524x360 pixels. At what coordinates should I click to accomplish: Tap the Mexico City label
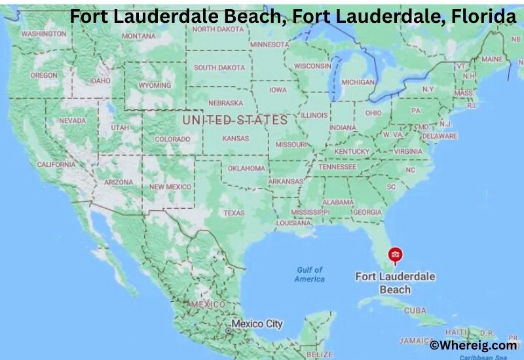[x=257, y=324]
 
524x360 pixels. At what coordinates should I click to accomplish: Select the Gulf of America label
[x=309, y=274]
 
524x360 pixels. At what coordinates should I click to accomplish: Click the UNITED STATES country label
[x=234, y=120]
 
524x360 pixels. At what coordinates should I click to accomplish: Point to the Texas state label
[x=234, y=213]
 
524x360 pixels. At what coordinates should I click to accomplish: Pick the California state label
[x=56, y=164]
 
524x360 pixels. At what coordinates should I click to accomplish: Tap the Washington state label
[x=43, y=33]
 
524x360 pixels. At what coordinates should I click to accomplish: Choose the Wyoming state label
[x=155, y=85]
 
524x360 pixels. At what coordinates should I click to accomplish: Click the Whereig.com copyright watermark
[x=473, y=344]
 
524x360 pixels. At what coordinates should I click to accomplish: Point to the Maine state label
[x=492, y=59]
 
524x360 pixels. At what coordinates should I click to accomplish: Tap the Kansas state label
[x=235, y=139]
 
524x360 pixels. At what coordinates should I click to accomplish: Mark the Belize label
[x=320, y=354]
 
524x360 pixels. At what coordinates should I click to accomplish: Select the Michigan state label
[x=358, y=82]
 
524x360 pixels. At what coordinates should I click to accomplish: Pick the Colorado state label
[x=172, y=139]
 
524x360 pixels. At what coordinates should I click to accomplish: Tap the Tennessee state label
[x=337, y=167]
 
